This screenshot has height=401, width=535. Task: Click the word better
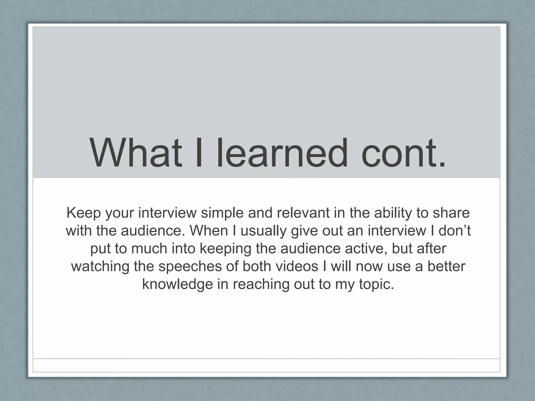[446, 266]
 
